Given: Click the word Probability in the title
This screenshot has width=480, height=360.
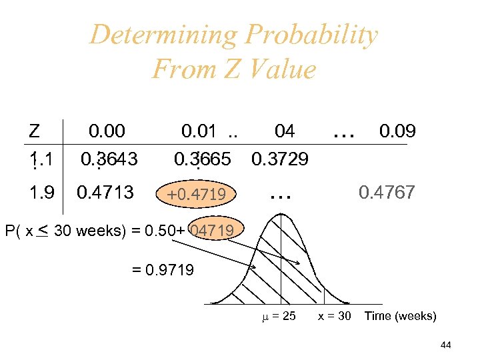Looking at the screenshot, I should pos(312,35).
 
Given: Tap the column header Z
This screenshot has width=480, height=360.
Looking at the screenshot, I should pos(35,131).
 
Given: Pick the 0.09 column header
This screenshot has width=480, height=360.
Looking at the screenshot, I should pos(397,131).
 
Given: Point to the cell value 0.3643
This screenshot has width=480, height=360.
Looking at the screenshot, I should pos(109,160).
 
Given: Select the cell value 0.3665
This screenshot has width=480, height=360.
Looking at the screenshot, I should pos(202,160).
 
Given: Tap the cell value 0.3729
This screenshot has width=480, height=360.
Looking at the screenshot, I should pos(279,160).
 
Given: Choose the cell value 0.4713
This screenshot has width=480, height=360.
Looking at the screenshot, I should pos(105,193).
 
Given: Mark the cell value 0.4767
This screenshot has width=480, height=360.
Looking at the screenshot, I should pos(387,193).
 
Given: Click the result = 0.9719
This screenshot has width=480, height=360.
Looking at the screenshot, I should pos(163,270).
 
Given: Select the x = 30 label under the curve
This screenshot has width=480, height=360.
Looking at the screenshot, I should pos(335,316).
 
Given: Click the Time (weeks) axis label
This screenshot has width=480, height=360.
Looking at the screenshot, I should pos(400,316).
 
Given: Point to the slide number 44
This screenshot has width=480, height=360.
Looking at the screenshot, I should pos(446,345).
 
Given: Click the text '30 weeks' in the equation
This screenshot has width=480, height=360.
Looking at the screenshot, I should pos(83,231).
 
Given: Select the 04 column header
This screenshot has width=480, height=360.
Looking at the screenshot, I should pos(285,131).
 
